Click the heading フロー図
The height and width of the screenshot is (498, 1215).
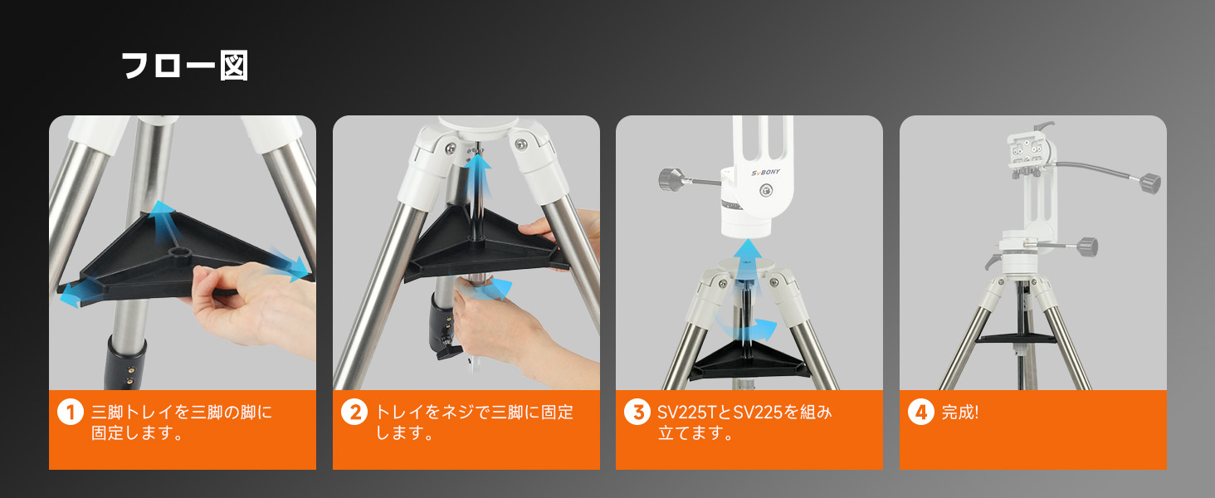point(184,66)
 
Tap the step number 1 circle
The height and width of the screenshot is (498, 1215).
point(71,413)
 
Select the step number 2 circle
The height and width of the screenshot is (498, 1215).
point(354,413)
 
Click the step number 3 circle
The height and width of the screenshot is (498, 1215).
point(637,413)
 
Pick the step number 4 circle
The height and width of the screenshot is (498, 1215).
point(921,413)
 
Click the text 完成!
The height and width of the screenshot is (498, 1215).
point(960,413)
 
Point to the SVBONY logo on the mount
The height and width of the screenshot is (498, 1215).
point(765,173)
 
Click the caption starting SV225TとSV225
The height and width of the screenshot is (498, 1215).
point(744,422)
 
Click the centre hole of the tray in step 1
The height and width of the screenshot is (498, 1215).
point(180,254)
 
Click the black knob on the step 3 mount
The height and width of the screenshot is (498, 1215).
point(668,178)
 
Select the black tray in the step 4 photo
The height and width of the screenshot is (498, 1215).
point(1016,339)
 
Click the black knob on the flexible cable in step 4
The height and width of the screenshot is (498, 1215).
point(1149,183)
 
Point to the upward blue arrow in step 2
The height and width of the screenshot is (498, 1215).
point(478,176)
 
